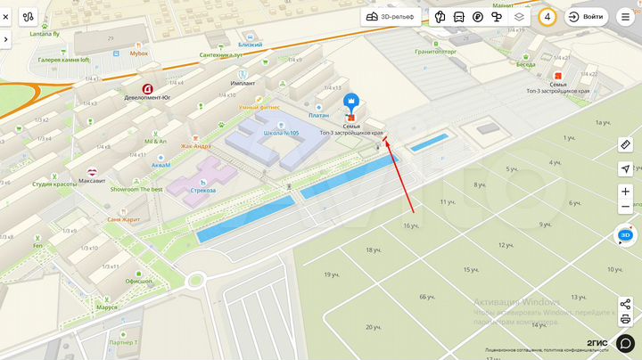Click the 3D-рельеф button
point(390,17)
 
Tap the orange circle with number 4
point(547,17)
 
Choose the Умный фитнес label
point(259,108)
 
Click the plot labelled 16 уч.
point(411,225)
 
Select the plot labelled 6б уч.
point(426,297)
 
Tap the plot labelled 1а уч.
point(603,122)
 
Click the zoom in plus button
point(625,192)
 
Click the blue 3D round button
point(626,235)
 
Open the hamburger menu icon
point(625,17)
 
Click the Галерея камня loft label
point(63,60)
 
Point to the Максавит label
point(91,181)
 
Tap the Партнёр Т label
point(123,342)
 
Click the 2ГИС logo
point(597,343)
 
